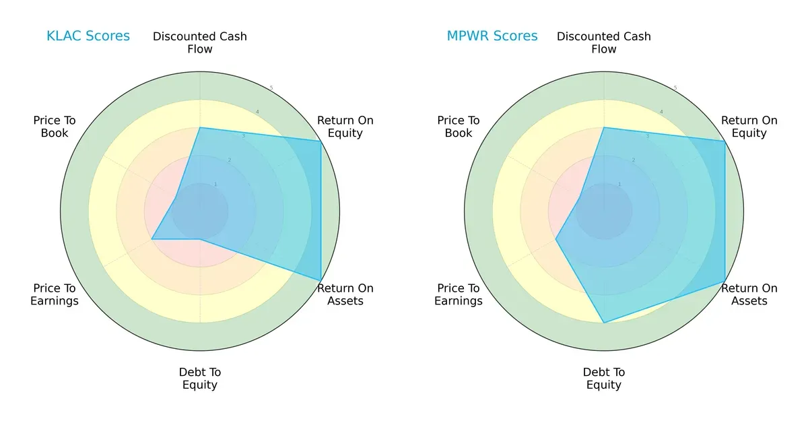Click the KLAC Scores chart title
click(88, 36)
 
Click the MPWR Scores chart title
click(492, 36)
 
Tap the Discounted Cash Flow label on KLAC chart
click(200, 42)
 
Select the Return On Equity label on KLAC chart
click(345, 127)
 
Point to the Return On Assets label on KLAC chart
click(345, 294)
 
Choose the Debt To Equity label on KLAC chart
click(200, 379)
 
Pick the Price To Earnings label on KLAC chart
click(55, 294)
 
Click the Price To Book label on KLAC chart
click(55, 127)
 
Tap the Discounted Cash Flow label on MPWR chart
click(604, 42)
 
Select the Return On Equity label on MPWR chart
click(749, 127)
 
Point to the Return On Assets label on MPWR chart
click(749, 294)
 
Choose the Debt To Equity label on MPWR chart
click(604, 379)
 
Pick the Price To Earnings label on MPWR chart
click(459, 294)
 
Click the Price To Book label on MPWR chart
click(459, 127)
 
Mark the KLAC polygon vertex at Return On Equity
click(321, 141)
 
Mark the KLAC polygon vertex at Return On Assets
click(321, 280)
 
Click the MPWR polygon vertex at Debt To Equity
click(604, 323)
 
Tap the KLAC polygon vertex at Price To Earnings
click(152, 238)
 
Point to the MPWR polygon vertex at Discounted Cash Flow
click(604, 127)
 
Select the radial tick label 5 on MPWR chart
click(675, 88)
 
